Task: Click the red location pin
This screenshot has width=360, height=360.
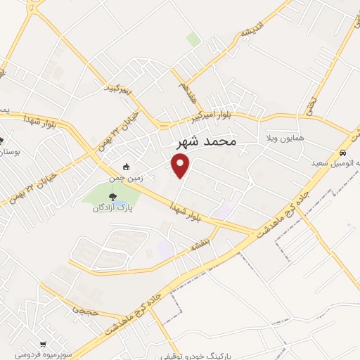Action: (181, 166)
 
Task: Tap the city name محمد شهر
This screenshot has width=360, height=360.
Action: (205, 141)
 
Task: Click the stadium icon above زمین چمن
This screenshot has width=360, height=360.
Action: (126, 167)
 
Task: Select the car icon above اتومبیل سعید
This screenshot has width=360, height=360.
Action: (342, 153)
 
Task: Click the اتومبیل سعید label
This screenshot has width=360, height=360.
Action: (337, 163)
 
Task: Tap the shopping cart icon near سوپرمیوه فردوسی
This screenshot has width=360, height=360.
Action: (44, 345)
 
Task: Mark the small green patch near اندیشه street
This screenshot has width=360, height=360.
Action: (193, 39)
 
